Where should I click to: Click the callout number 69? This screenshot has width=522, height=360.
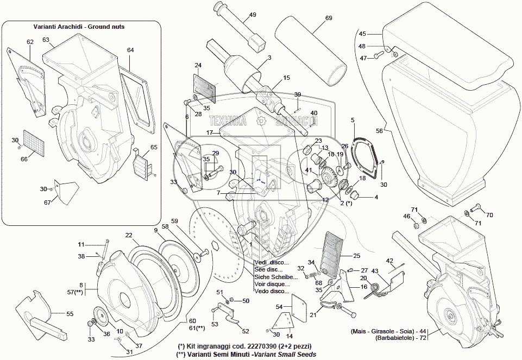329,18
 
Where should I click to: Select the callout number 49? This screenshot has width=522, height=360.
253,15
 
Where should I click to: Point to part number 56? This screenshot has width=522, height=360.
380,131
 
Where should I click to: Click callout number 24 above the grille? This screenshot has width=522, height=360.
198,66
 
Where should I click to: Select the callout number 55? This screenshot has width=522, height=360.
70,314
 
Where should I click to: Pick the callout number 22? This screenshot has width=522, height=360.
129,235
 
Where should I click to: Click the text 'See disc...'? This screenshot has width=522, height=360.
267,269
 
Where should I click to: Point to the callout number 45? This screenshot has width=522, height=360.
363,34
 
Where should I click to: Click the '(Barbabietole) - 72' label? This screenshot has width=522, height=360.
395,338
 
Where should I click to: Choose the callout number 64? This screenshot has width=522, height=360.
130,50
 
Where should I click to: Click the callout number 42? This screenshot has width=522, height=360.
389,261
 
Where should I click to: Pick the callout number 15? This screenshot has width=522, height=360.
286,78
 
